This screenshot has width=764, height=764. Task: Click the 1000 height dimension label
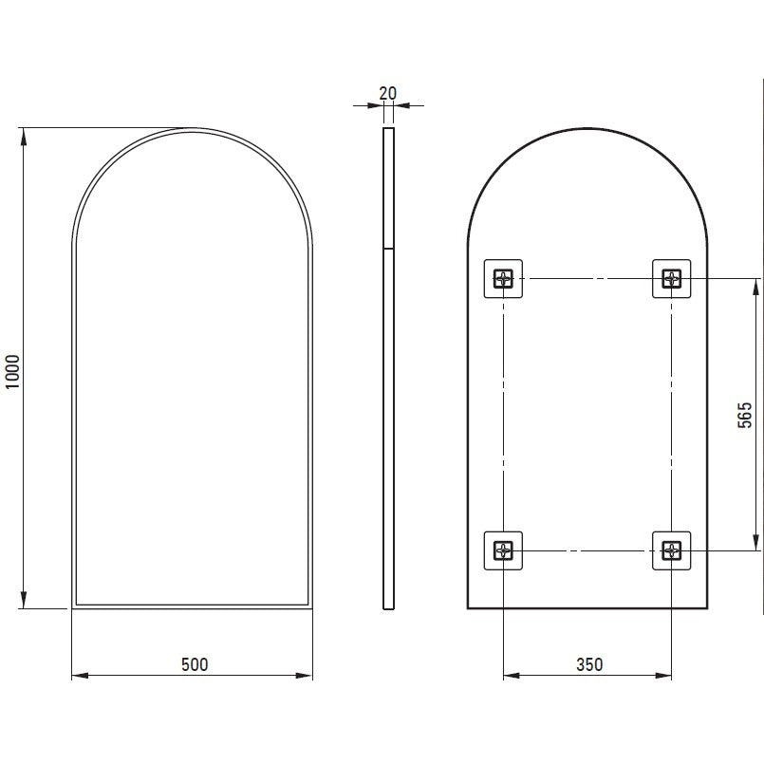pos(12,371)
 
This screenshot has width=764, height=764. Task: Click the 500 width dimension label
pos(195,664)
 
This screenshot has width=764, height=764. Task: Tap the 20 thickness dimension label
pos(388,93)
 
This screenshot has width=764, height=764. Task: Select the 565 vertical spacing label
pos(744,415)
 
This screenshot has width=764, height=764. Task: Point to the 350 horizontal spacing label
pos(589,664)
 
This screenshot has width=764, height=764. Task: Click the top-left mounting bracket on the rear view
pos(503,279)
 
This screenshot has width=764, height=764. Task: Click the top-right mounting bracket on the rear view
pos(671,279)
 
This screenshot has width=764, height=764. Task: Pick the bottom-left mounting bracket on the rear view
pos(503,550)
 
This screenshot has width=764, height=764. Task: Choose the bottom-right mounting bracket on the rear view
pos(671,550)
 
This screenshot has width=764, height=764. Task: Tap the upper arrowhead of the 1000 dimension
pos(24,137)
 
